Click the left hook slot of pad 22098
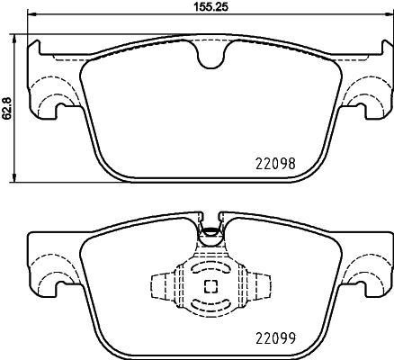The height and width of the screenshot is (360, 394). pos(59,110)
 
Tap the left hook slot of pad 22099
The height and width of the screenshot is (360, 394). pos(59,286)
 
